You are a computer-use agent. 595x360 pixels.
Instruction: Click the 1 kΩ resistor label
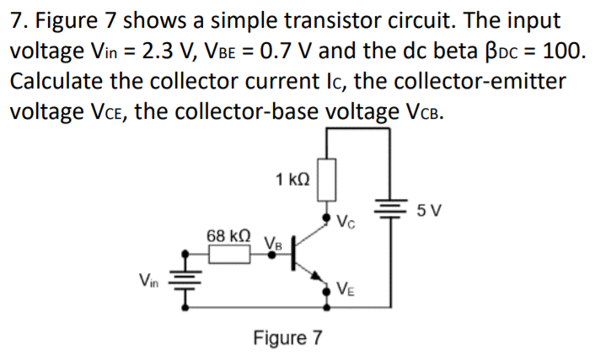pos(292,179)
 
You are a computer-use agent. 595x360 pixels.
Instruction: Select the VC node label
pos(344,223)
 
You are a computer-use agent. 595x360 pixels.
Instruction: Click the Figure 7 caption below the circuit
pos(287,338)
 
